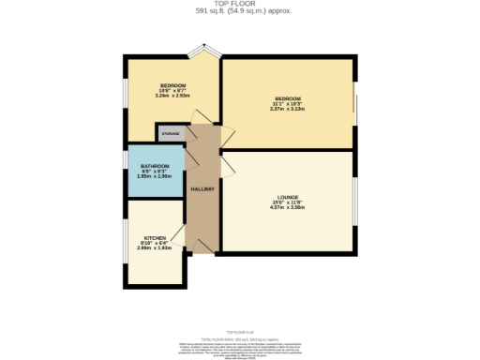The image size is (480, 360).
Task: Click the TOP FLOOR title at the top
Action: (x=239, y=4)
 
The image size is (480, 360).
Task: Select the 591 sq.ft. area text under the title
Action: (x=239, y=11)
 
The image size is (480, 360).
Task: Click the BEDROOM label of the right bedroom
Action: (x=287, y=98)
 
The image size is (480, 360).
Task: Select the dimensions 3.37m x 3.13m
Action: (x=287, y=109)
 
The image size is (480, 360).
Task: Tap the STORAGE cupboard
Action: (x=171, y=134)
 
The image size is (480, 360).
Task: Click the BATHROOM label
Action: (x=155, y=167)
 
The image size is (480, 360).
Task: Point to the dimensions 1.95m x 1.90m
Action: (x=155, y=177)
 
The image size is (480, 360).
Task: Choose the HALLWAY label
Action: (x=202, y=190)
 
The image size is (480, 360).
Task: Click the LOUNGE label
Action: (x=287, y=198)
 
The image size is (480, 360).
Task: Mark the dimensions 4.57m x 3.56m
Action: (x=287, y=208)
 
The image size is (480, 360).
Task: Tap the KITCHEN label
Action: (x=155, y=238)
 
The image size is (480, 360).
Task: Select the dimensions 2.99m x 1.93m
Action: (x=155, y=249)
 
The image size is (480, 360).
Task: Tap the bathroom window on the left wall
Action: (x=126, y=172)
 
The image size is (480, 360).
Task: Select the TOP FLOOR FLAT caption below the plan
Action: (x=239, y=320)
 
